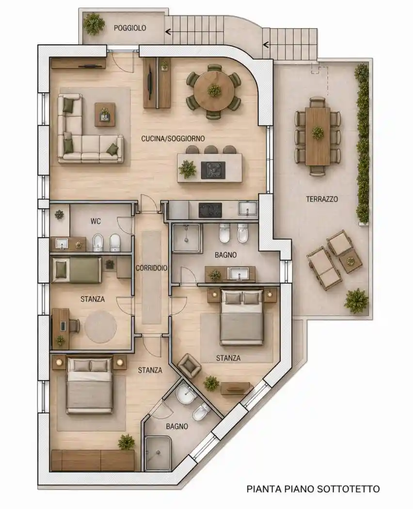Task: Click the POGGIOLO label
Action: coord(130,28)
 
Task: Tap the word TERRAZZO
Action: coord(322,199)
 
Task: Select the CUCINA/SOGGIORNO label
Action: coord(173,139)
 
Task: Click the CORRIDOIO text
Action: coord(151,268)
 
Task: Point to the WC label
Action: coord(96,222)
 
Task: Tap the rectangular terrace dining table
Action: coord(318,136)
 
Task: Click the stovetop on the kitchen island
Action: coord(213,170)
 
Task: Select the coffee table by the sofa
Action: coord(105,114)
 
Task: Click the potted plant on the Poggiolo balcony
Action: coord(94,24)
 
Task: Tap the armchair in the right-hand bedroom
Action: coord(189,366)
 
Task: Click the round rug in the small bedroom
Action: coord(101,327)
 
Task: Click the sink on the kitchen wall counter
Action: coord(247,208)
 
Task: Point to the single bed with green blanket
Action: coord(77,270)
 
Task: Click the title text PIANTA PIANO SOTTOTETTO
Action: coord(313,489)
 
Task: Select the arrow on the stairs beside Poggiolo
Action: coord(168,32)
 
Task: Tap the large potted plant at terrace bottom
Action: coord(356,301)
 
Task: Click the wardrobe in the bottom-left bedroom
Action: coord(93,461)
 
